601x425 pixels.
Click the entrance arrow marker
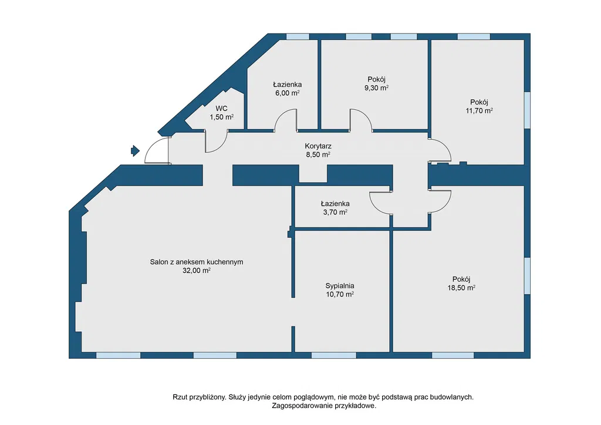pos(136,151)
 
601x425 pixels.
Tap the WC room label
pos(221,109)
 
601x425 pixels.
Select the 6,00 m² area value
pos(288,93)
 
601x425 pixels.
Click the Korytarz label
pos(318,146)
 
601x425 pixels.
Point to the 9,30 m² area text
pos(376,88)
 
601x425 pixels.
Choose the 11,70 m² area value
pos(479,111)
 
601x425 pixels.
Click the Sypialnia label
pos(340,286)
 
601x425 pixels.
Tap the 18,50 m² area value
pos(461,288)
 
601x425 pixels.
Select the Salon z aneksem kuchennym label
pos(197,262)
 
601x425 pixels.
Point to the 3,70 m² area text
pos(335,212)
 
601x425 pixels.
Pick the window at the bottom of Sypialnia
pos(333,355)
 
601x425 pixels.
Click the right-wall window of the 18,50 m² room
pos(528,275)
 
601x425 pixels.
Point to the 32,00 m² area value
pos(197,271)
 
